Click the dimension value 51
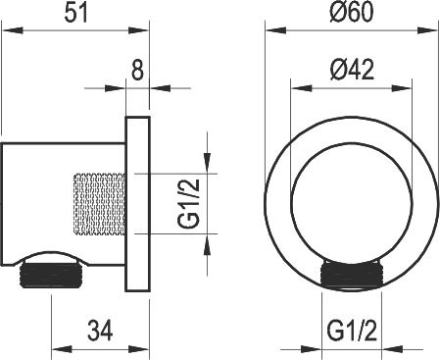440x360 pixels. [76, 14]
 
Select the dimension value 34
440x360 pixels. [100, 331]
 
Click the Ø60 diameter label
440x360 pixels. [351, 12]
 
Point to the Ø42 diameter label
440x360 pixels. [352, 70]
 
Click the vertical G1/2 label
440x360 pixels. [188, 203]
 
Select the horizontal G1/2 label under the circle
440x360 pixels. [352, 331]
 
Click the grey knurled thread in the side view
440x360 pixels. [99, 204]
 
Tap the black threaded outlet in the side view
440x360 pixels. [52, 276]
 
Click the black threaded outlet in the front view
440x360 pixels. [352, 275]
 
